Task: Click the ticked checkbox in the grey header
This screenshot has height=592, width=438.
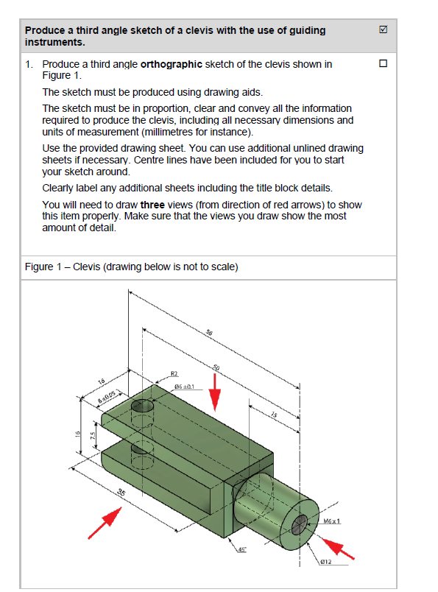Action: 382,31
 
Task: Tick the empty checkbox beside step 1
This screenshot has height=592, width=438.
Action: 382,64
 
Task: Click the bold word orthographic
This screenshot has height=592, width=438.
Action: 172,64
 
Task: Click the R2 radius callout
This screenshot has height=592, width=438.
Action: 175,373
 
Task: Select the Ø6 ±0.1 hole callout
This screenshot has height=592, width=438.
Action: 183,386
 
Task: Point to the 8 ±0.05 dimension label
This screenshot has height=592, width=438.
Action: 109,398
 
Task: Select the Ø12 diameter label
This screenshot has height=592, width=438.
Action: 328,563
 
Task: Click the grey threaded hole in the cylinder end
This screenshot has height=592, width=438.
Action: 300,524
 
